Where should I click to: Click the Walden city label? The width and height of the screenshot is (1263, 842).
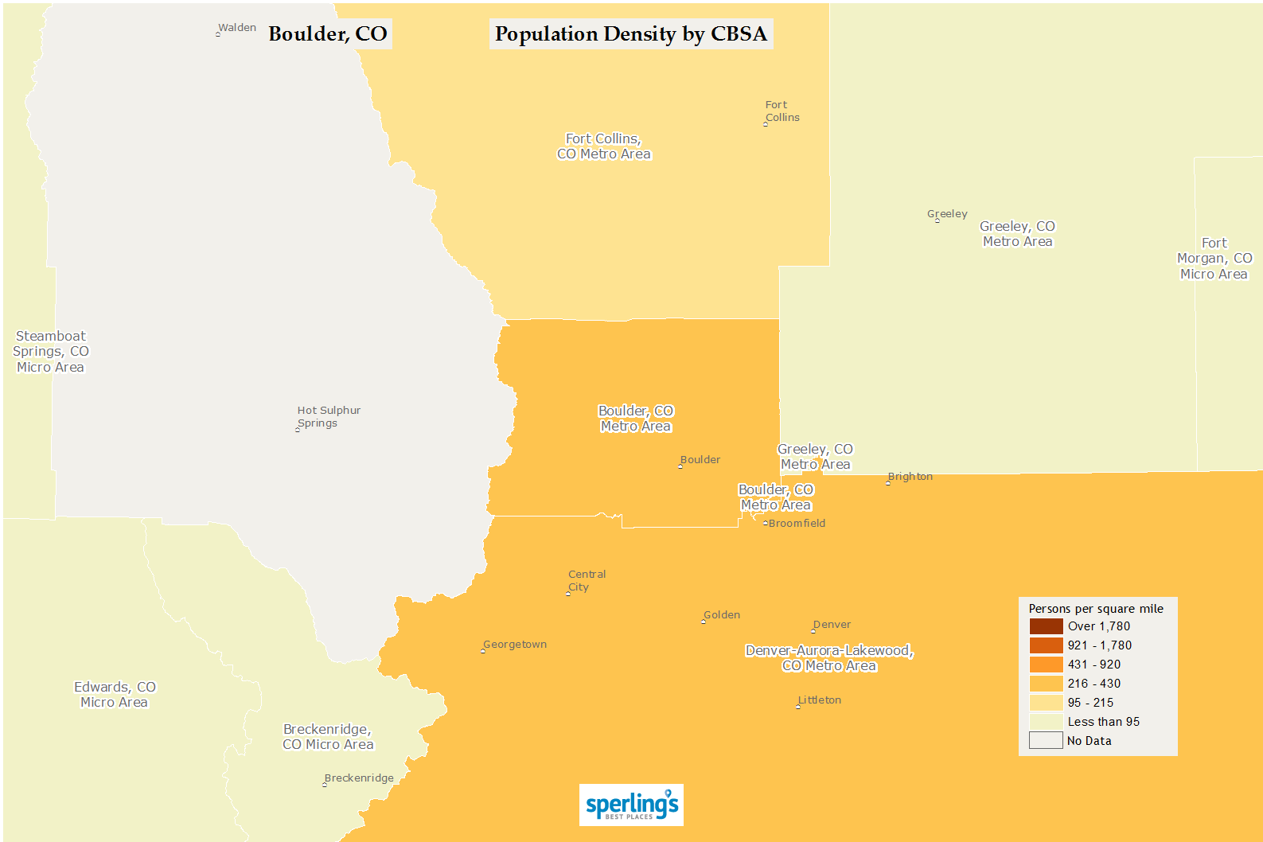(236, 28)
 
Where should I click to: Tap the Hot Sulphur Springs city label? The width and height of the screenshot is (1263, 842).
(329, 416)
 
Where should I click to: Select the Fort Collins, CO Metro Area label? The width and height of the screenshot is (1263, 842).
(603, 146)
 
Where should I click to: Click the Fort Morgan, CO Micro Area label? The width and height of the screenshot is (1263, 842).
(1214, 259)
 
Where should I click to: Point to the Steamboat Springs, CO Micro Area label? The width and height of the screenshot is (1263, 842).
(51, 351)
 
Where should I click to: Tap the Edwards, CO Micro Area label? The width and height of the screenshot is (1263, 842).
(115, 694)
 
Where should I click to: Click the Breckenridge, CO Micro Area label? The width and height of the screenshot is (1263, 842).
(328, 736)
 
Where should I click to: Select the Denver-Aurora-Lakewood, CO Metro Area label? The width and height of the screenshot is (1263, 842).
(829, 657)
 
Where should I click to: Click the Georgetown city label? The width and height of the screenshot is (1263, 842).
(515, 645)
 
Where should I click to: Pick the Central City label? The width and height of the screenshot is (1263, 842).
(587, 580)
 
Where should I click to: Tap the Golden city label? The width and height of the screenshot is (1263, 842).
(722, 615)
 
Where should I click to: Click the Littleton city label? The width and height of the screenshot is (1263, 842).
(820, 700)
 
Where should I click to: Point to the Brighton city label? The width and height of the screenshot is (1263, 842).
(910, 477)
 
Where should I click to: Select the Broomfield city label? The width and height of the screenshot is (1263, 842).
(797, 524)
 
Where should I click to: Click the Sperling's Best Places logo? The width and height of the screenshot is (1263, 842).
(631, 805)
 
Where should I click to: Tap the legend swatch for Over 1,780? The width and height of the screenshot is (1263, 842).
(1046, 626)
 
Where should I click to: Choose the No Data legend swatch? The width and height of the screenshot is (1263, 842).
(1046, 741)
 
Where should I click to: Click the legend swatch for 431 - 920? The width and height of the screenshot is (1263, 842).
(1046, 665)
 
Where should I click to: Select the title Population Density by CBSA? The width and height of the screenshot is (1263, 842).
(630, 34)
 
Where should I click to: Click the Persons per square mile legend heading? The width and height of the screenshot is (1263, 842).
(1096, 609)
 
